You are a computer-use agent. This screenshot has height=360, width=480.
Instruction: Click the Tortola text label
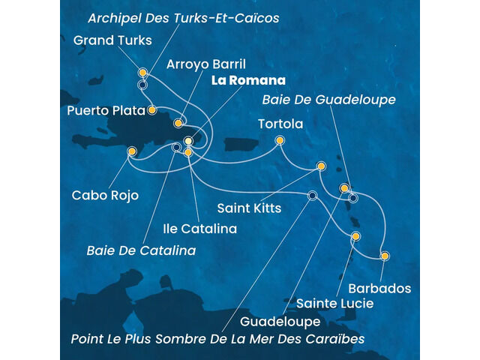(x=280, y=124)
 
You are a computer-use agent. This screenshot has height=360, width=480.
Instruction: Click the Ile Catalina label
(x=201, y=228)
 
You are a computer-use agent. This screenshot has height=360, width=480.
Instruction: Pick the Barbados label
(x=379, y=288)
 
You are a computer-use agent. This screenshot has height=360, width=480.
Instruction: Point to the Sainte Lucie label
(x=334, y=304)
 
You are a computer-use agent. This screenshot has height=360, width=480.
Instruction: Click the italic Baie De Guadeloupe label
(x=329, y=99)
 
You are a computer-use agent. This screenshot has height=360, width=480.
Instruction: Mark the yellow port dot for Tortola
(x=280, y=140)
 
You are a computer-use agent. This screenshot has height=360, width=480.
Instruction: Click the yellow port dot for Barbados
(x=385, y=256)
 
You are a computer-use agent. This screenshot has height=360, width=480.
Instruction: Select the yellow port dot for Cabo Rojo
(x=132, y=151)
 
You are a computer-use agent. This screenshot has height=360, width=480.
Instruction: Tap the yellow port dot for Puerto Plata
(x=152, y=110)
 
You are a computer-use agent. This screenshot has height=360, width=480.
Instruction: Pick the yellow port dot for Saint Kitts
(x=321, y=166)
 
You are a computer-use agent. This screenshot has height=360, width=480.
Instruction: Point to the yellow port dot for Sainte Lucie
(x=355, y=237)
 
